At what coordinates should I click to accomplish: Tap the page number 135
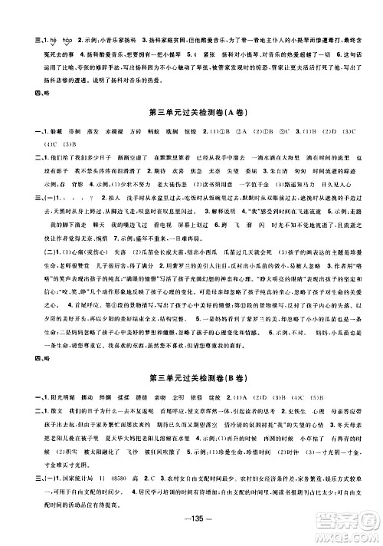(191, 528)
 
